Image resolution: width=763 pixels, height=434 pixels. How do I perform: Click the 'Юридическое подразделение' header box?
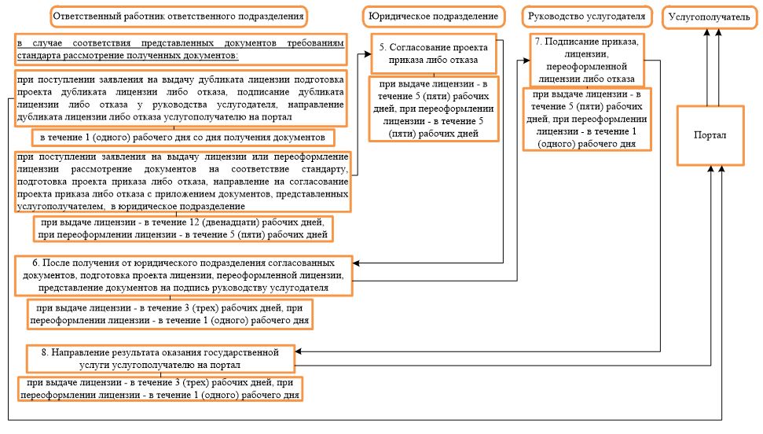coord(433,17)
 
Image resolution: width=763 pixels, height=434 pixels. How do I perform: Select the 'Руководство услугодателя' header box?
coord(587,17)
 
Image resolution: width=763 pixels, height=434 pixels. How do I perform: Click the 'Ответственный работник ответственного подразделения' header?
coord(178,17)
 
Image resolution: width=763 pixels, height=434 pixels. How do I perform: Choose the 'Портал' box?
coord(710,135)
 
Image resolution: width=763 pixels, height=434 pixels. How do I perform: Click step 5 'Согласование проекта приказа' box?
coord(435,53)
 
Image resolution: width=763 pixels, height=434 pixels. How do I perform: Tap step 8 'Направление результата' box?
coord(160,358)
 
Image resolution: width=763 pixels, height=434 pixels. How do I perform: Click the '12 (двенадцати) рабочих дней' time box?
coord(182,228)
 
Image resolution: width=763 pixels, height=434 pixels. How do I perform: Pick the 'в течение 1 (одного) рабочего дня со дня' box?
coord(183,138)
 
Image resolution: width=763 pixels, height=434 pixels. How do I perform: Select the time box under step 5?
coord(435,109)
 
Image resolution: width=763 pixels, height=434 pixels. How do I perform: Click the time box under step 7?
coord(587,120)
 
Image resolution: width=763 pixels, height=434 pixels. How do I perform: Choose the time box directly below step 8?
coord(161,389)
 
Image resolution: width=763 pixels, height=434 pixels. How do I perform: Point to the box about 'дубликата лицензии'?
coord(180,99)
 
